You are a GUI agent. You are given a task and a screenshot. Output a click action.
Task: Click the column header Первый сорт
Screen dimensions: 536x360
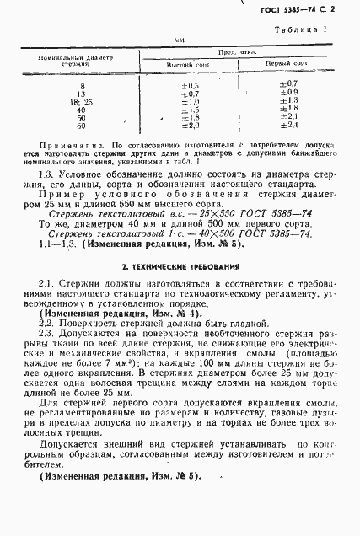click(x=287, y=64)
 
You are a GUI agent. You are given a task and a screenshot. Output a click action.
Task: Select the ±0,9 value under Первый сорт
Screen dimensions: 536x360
click(x=287, y=94)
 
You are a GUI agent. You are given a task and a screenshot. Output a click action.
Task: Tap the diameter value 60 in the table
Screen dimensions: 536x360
click(x=81, y=126)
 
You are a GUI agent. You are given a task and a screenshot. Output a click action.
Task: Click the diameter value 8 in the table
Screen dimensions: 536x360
click(x=82, y=86)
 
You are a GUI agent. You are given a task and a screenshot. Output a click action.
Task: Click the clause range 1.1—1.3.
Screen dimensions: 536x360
click(x=57, y=244)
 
